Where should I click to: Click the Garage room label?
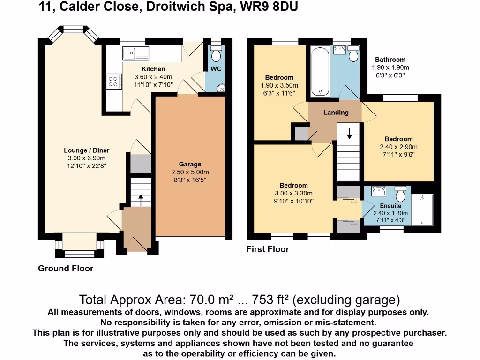pyautogui.click(x=190, y=164)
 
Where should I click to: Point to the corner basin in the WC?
pyautogui.click(x=220, y=87)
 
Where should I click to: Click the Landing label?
pyautogui.click(x=336, y=112)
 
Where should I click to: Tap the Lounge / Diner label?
pyautogui.click(x=87, y=150)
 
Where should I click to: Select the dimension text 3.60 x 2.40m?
pyautogui.click(x=153, y=77)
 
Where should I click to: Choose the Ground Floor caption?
pyautogui.click(x=66, y=269)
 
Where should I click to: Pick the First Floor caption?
pyautogui.click(x=268, y=249)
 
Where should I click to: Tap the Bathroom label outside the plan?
pyautogui.click(x=390, y=60)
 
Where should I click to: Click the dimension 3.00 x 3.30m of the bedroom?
pyautogui.click(x=294, y=193)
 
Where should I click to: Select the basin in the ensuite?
pyautogui.click(x=378, y=191)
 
